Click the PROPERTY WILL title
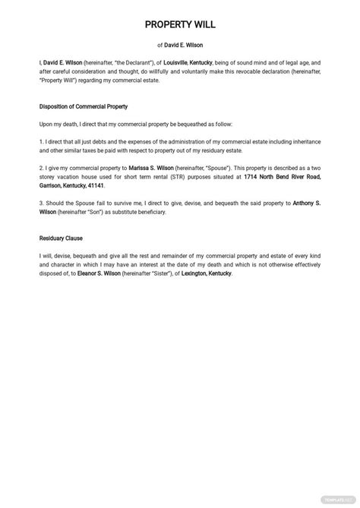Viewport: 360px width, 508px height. tap(180, 26)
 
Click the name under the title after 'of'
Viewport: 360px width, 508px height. tap(185, 45)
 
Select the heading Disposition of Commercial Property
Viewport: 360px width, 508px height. tap(84, 106)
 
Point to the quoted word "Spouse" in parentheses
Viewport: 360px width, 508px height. tap(216, 169)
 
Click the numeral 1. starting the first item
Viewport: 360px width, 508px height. tap(42, 141)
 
